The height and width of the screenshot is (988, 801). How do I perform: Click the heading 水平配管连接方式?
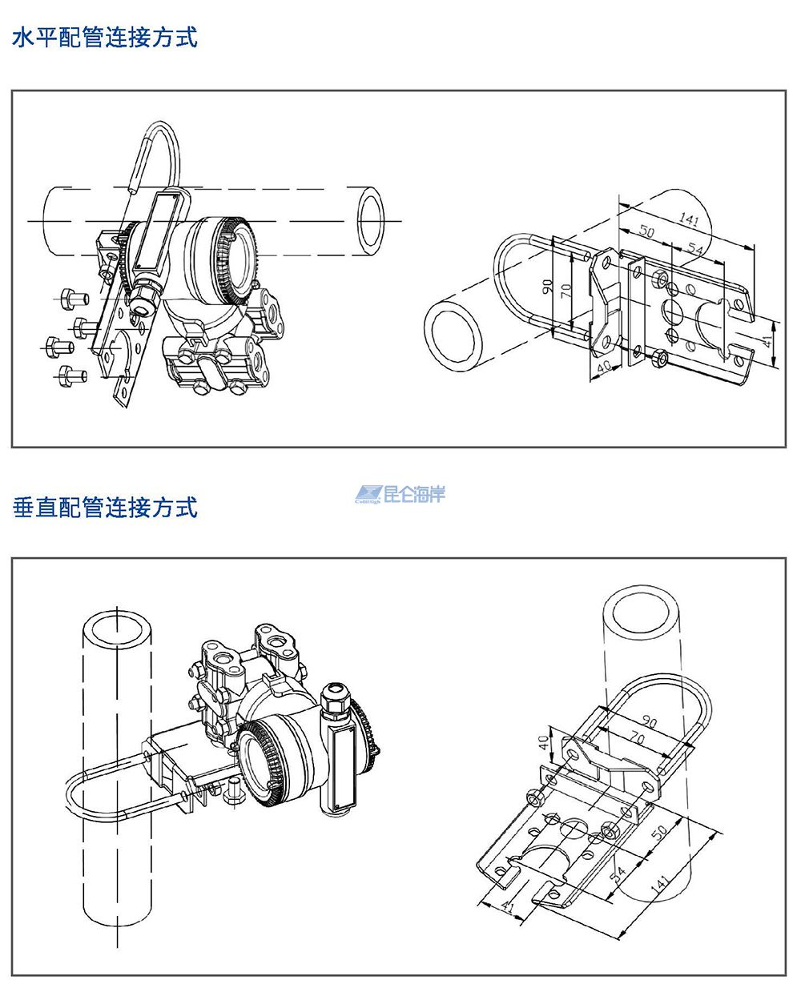(104, 38)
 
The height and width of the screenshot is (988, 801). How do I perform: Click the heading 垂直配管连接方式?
(104, 507)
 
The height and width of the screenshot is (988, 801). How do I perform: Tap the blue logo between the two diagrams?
(400, 494)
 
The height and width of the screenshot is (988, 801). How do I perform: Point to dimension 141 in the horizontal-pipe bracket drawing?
(689, 218)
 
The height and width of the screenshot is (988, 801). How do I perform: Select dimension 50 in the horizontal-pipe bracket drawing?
(646, 232)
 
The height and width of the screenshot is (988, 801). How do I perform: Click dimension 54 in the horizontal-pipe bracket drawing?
(695, 251)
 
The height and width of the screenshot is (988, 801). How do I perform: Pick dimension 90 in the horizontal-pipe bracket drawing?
(548, 286)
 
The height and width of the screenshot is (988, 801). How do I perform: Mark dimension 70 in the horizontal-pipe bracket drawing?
(566, 291)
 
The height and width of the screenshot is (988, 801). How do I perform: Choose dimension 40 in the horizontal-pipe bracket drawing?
(603, 366)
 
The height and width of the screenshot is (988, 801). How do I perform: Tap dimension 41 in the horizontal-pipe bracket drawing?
(767, 341)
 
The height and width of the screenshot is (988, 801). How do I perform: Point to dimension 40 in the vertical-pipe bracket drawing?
(544, 741)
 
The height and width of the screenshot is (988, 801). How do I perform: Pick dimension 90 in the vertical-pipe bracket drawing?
(650, 723)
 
